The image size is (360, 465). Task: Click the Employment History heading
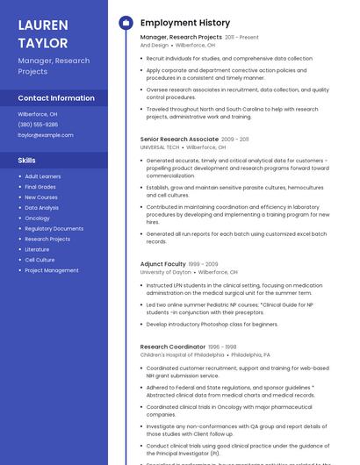point(184,23)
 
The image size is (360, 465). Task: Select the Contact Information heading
point(56,98)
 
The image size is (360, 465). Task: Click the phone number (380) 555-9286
point(38,125)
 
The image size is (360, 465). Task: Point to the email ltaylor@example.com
point(46,135)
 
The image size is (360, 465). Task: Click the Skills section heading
point(27,161)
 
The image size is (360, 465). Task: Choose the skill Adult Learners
point(43,177)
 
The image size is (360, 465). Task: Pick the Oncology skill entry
point(38,218)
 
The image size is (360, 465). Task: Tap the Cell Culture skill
point(40,260)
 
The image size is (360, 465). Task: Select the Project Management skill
point(52,270)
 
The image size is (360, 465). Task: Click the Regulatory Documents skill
point(54,228)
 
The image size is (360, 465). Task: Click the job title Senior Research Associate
point(179,139)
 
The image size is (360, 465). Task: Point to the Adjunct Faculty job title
point(163,264)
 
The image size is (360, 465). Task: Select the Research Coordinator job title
point(172,347)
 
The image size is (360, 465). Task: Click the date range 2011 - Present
point(241,38)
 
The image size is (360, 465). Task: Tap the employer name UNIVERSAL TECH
point(160,147)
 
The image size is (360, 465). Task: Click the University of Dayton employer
point(165,273)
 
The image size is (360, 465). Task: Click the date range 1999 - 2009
point(203,264)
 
